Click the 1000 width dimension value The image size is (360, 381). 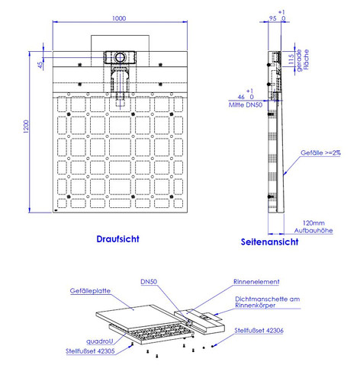(x=119, y=18)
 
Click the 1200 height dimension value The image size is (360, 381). (x=26, y=126)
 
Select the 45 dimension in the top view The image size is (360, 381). (x=40, y=65)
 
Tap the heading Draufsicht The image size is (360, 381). (x=117, y=239)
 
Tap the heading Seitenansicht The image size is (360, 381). (x=269, y=242)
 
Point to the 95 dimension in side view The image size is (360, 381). (x=273, y=18)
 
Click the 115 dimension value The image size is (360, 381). (x=291, y=59)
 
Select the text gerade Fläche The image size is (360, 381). (x=303, y=60)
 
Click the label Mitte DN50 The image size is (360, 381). (x=246, y=105)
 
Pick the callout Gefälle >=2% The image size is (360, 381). (x=320, y=152)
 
